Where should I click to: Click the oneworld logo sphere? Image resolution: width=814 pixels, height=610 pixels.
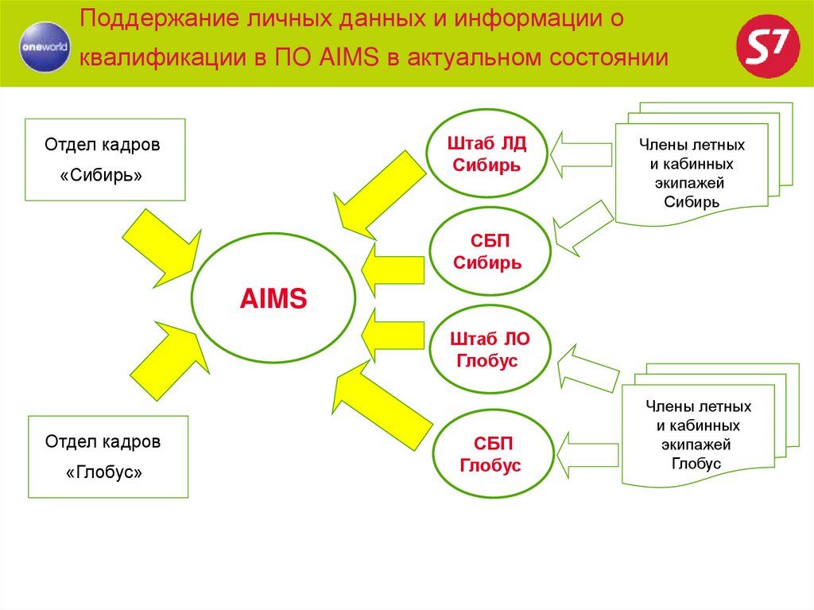click(x=45, y=47)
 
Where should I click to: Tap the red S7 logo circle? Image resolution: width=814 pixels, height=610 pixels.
click(x=769, y=46)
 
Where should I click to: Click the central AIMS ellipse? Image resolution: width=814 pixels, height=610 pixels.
click(x=273, y=297)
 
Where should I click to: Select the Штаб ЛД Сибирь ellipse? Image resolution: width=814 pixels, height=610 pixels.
click(x=487, y=153)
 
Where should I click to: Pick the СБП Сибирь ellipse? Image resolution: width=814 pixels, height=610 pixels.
click(x=490, y=251)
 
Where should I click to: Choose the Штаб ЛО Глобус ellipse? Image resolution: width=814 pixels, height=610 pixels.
click(x=490, y=349)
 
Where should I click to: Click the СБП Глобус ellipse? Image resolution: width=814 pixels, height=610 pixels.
click(x=493, y=453)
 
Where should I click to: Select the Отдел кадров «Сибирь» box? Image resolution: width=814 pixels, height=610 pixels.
click(x=105, y=160)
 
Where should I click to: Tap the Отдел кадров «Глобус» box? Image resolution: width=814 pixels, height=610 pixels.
click(x=108, y=457)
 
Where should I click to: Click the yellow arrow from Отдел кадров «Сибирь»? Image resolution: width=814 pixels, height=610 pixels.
click(x=162, y=248)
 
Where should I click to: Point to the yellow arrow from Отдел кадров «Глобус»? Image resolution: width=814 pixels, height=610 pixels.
click(x=169, y=360)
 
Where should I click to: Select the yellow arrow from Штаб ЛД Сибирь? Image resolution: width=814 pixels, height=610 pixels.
click(x=379, y=196)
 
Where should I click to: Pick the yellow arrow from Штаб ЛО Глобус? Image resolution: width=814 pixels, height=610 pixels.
click(x=393, y=335)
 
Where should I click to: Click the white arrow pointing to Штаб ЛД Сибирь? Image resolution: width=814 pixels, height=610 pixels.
click(x=581, y=154)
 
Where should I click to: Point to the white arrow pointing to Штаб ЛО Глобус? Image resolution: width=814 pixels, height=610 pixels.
click(x=588, y=368)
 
